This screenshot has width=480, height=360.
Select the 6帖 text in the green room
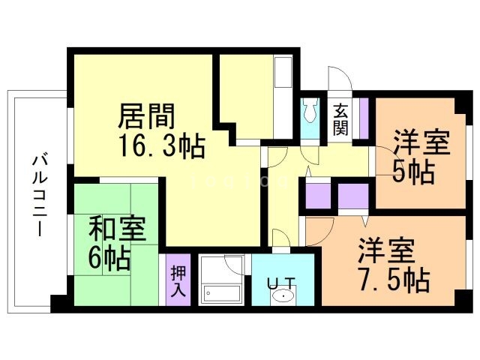tap(109, 258)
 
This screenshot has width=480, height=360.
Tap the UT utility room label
tap(281, 283)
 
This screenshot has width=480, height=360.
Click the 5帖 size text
tap(413, 172)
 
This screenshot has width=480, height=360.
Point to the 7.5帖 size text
tap(392, 280)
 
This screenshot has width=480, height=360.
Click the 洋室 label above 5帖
tap(421, 142)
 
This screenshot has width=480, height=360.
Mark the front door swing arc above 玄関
tap(336, 77)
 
